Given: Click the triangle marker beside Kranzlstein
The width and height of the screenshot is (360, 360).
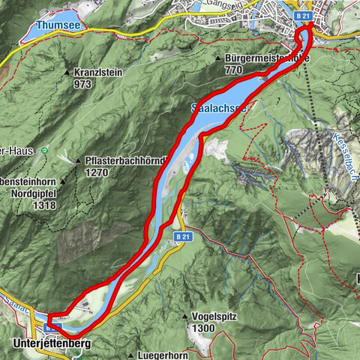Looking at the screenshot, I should tap(68, 73).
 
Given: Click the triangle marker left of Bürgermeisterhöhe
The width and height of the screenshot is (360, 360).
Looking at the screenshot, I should tap(217, 58).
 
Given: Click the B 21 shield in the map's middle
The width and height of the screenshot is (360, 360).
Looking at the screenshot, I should tap(180, 237).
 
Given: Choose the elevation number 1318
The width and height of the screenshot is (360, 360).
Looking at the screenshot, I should tap(22, 203).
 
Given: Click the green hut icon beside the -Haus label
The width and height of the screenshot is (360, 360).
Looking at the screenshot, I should tap(44, 150).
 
